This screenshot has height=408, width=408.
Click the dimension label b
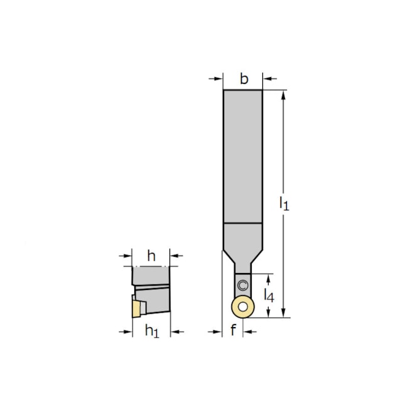244,79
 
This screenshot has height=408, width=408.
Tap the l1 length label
284,203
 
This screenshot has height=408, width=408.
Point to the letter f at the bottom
233,330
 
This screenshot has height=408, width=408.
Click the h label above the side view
151,255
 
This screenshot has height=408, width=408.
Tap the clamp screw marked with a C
243,286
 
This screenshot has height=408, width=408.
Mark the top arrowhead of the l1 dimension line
284,95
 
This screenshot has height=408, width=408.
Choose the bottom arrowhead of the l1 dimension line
284,313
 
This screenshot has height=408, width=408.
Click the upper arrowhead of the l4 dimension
269,277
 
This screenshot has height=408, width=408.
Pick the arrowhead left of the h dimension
128,255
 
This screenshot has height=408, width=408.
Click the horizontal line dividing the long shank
242,223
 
